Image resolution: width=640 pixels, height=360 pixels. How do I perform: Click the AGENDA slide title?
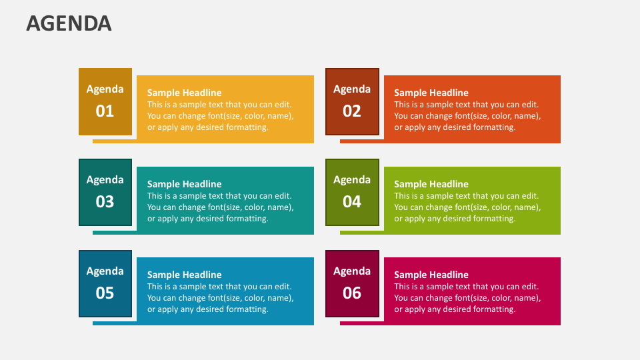coord(69,23)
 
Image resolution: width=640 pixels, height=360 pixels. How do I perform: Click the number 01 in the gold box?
coord(105,111)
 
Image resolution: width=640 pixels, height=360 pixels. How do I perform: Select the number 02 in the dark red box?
coord(352,111)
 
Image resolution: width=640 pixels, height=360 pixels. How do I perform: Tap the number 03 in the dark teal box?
coord(105,201)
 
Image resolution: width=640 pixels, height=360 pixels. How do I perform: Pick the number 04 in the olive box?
coord(352,201)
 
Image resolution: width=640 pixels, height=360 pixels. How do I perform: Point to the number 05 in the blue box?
coord(105,293)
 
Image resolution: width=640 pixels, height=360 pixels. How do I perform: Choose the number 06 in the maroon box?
coord(352,293)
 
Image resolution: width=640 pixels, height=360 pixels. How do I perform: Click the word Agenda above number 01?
coord(105,89)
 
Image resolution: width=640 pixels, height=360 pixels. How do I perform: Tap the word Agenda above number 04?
coord(352,179)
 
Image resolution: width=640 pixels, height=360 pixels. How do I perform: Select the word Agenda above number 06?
coord(352,271)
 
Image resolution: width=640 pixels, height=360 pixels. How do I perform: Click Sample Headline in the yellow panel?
coord(184,93)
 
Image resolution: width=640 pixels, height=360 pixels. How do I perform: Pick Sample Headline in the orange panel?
coord(431,93)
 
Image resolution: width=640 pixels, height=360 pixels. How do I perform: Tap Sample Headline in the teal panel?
coord(184,184)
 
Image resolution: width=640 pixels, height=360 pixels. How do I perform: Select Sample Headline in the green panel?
coord(431,184)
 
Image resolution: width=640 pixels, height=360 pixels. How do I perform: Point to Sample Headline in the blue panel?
coord(184,275)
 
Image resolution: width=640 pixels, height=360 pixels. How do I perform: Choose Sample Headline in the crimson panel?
coord(431,275)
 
